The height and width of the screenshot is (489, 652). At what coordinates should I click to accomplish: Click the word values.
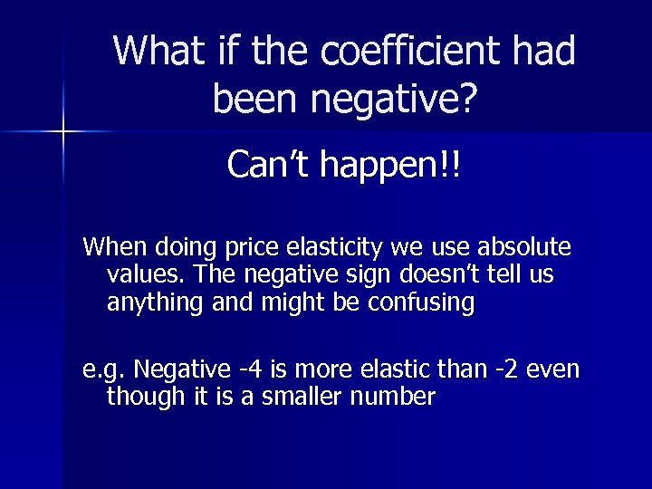[139, 274]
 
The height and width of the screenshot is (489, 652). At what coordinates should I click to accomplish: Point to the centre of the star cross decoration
[62, 132]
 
